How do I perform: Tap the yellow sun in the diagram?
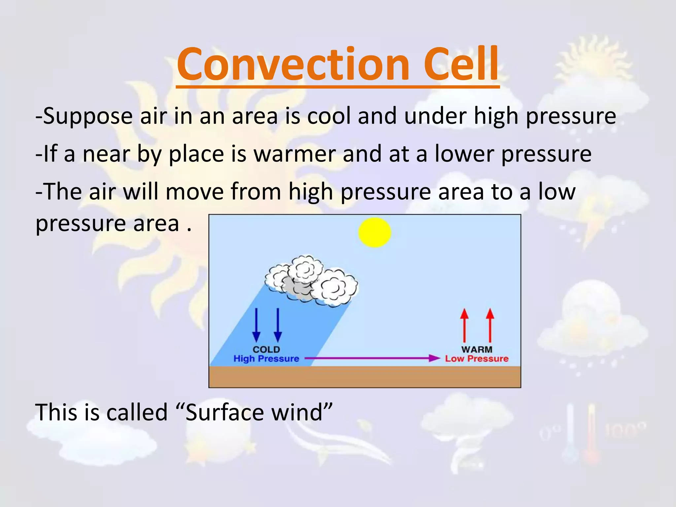point(375,232)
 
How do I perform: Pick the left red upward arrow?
point(464,325)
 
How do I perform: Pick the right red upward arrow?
point(490,325)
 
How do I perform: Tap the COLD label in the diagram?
point(266,349)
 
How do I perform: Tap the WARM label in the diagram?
point(477,349)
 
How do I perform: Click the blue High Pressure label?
point(266,358)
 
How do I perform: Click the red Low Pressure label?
point(477,358)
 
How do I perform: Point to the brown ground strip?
point(365,377)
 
